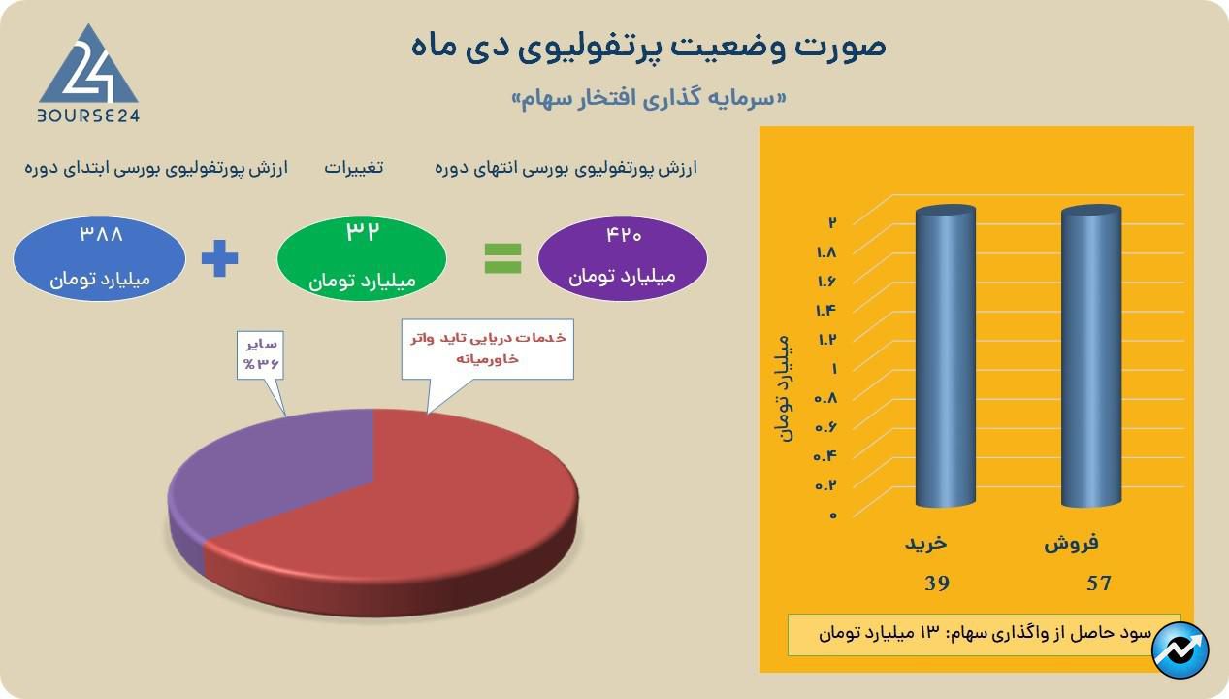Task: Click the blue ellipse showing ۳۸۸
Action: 99,258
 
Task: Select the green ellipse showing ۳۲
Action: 362,258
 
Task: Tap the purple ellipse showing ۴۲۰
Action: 622,258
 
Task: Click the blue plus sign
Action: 219,258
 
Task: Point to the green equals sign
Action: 502,258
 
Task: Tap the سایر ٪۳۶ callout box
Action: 260,354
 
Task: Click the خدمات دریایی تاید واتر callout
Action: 487,349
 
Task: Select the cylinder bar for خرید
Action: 946,356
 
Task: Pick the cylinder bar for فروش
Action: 1091,356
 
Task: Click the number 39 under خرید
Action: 937,583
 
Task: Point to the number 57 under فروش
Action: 1099,583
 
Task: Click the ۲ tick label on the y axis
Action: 832,222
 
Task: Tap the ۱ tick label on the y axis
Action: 834,369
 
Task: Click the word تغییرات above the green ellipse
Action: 353,167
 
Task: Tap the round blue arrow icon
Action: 1180,650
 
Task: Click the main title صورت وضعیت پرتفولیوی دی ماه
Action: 649,47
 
